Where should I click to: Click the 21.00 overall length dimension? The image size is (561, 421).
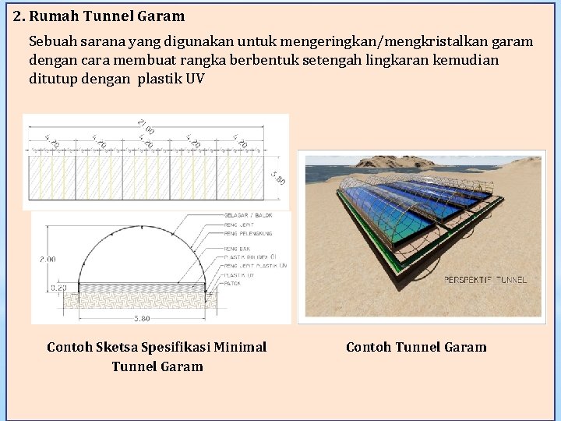click(145, 126)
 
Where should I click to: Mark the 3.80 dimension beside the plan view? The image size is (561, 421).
click(277, 178)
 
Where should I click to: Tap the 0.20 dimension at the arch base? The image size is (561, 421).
click(58, 288)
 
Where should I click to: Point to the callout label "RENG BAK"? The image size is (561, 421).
click(237, 249)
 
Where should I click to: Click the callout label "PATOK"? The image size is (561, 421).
click(232, 283)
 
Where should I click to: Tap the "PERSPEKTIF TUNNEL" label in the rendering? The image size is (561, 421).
click(485, 279)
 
